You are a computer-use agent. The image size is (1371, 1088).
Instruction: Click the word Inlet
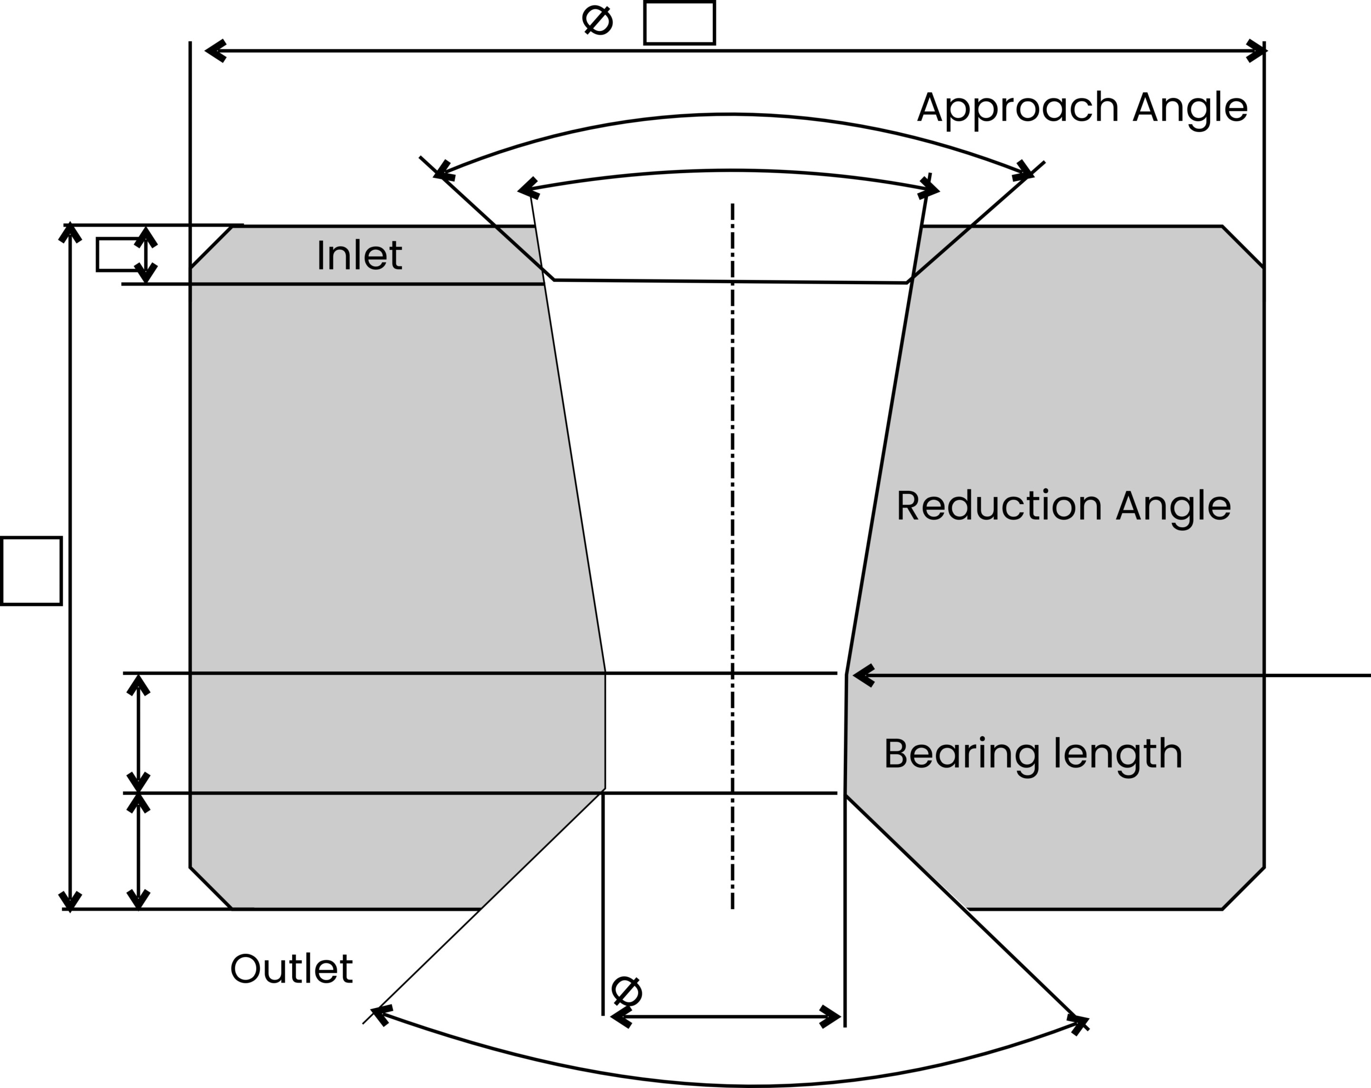click(359, 255)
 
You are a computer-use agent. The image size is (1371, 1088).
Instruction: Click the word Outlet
click(291, 969)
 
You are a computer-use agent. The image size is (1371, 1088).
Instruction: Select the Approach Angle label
click(1082, 108)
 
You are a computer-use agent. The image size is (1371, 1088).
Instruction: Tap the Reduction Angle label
click(1063, 506)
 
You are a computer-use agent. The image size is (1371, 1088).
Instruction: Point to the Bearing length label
click(1033, 754)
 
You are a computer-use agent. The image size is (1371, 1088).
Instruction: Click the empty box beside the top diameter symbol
click(679, 23)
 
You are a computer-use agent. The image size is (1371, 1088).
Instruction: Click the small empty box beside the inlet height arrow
click(117, 254)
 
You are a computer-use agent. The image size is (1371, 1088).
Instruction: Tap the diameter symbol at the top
click(597, 20)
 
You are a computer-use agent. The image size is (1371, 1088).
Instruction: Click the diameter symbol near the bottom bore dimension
click(626, 991)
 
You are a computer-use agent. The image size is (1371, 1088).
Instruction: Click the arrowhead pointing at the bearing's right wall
click(862, 675)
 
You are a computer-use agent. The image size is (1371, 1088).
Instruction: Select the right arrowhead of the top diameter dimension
click(1255, 50)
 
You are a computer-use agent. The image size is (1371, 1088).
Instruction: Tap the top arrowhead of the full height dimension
click(70, 233)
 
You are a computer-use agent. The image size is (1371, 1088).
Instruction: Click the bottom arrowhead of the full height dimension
click(70, 900)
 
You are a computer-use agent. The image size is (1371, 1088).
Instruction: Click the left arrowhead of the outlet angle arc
click(380, 1014)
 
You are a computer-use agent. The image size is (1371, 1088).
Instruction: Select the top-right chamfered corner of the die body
click(1243, 246)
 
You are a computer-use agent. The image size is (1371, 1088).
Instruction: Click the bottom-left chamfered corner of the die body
click(211, 888)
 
